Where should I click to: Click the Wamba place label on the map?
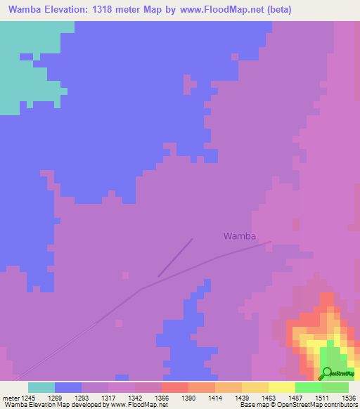(x=239, y=236)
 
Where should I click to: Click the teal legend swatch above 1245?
(x=41, y=387)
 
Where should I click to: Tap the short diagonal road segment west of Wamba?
(x=175, y=257)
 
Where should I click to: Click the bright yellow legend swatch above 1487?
(x=281, y=387)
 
